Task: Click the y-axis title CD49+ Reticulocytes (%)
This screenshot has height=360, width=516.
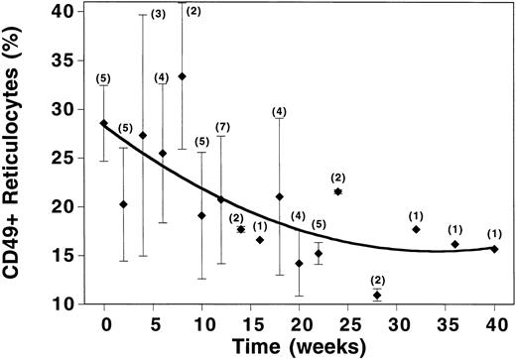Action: (19, 159)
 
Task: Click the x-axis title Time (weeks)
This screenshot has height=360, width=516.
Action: (299, 346)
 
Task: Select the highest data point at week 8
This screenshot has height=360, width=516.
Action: (182, 75)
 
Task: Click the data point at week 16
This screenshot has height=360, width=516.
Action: (260, 240)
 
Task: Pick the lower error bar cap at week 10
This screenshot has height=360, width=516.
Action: (201, 279)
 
